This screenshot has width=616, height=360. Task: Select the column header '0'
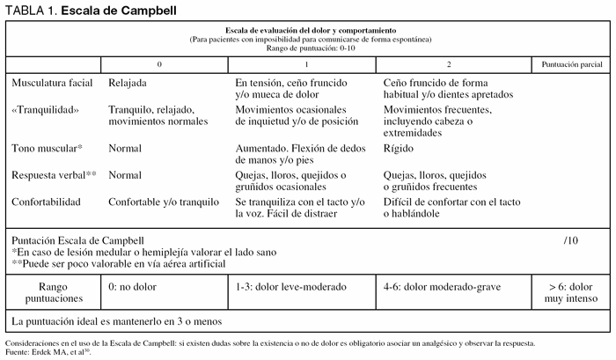tap(160, 65)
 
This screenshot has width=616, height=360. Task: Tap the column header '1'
tap(305, 65)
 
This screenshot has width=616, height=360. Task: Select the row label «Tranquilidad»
tap(46, 110)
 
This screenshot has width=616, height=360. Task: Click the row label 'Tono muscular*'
tap(48, 149)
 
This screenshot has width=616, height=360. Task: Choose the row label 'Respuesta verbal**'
tap(54, 175)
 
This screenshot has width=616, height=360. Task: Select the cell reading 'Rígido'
tap(400, 149)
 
